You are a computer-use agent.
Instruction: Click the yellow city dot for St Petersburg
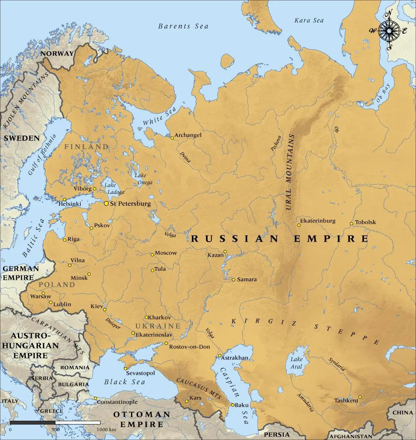coord(106,203)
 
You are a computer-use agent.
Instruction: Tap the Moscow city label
coord(166,253)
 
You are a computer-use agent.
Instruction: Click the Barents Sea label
coord(183,26)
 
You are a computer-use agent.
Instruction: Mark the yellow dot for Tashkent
coord(360,397)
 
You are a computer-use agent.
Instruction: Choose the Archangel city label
coord(188,135)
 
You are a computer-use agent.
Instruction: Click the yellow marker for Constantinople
coord(95,399)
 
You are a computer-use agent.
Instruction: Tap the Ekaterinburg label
coord(317,221)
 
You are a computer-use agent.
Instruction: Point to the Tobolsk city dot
coord(352,224)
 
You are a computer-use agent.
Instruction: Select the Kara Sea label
coord(309,20)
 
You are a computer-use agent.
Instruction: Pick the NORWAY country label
coord(57,54)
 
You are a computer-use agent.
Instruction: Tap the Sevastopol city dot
coord(125,368)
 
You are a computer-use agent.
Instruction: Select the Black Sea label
coord(124,382)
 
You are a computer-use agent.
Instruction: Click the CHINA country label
coord(403,413)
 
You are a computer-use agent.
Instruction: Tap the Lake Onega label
coord(143,179)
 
